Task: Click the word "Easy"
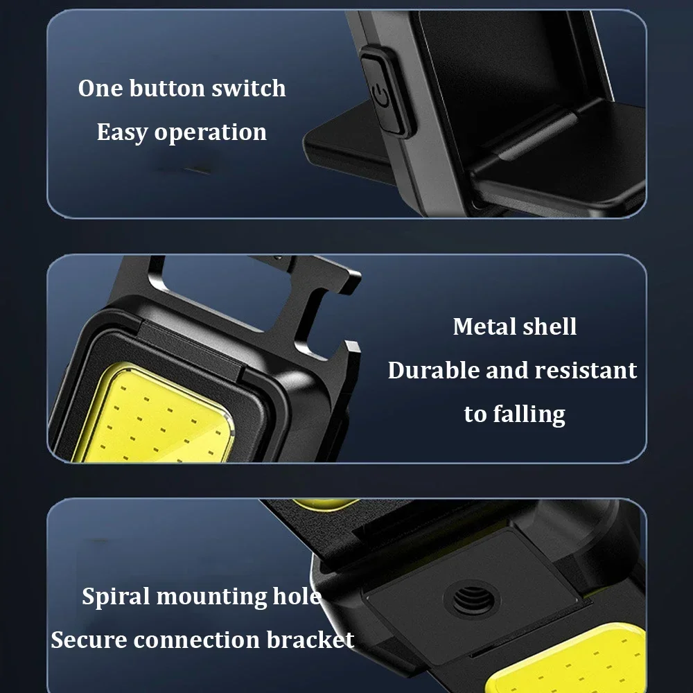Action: tap(122, 132)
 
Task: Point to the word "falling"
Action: tap(529, 414)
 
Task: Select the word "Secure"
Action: tap(89, 640)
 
